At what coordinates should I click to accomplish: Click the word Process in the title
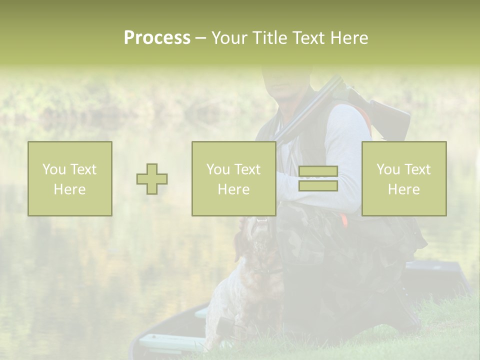157,38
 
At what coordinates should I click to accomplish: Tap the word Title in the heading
269,38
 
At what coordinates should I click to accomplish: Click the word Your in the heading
230,38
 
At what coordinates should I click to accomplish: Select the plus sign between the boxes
152,179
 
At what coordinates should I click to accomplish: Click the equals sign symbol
318,178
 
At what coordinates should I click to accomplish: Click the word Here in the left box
69,189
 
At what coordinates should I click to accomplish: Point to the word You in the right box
388,169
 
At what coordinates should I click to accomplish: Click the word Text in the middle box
247,169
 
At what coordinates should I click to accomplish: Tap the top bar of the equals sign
318,171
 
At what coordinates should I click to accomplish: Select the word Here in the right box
403,189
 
